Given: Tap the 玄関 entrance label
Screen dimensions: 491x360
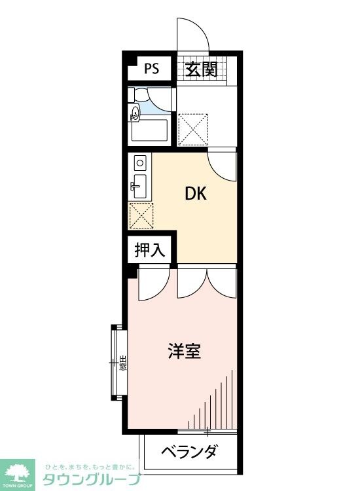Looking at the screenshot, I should [x=200, y=69].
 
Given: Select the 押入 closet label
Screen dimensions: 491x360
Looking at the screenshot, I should [x=150, y=249].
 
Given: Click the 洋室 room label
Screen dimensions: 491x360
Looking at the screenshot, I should [x=183, y=352].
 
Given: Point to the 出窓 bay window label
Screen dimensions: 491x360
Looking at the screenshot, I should [x=122, y=362].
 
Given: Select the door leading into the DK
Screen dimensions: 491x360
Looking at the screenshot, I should [x=223, y=166].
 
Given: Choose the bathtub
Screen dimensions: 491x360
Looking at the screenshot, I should [x=150, y=130].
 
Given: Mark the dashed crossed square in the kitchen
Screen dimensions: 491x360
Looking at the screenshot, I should [x=140, y=214].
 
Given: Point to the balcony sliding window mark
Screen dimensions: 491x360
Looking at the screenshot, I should [x=207, y=431].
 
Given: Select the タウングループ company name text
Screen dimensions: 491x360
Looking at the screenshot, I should [x=92, y=479].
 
